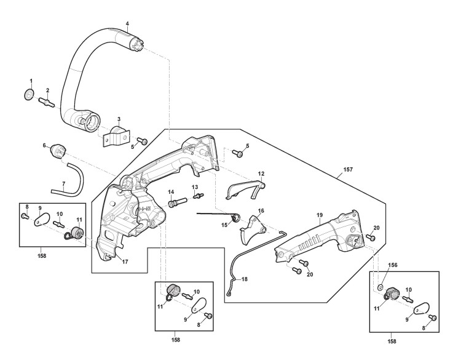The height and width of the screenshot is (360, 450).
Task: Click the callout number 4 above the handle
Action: tap(127, 24)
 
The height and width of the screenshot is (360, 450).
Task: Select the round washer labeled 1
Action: tap(28, 94)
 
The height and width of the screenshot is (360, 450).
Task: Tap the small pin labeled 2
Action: tap(47, 103)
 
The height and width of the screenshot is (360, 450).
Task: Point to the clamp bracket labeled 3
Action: tap(116, 136)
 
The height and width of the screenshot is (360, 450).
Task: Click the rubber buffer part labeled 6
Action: tap(58, 151)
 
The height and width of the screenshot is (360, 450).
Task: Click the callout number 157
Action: tap(348, 169)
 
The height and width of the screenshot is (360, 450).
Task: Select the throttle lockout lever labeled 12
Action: tap(247, 189)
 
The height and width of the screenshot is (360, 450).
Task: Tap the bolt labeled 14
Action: tap(177, 201)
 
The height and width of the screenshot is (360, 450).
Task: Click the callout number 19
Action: tap(320, 215)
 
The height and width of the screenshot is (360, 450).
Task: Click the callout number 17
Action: tap(125, 262)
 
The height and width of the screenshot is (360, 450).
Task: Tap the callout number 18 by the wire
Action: tap(244, 279)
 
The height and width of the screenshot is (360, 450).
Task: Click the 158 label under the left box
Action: tap(42, 256)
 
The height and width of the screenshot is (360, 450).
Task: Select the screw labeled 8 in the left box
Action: tap(24, 216)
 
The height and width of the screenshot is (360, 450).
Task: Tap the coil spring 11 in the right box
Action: tap(391, 294)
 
